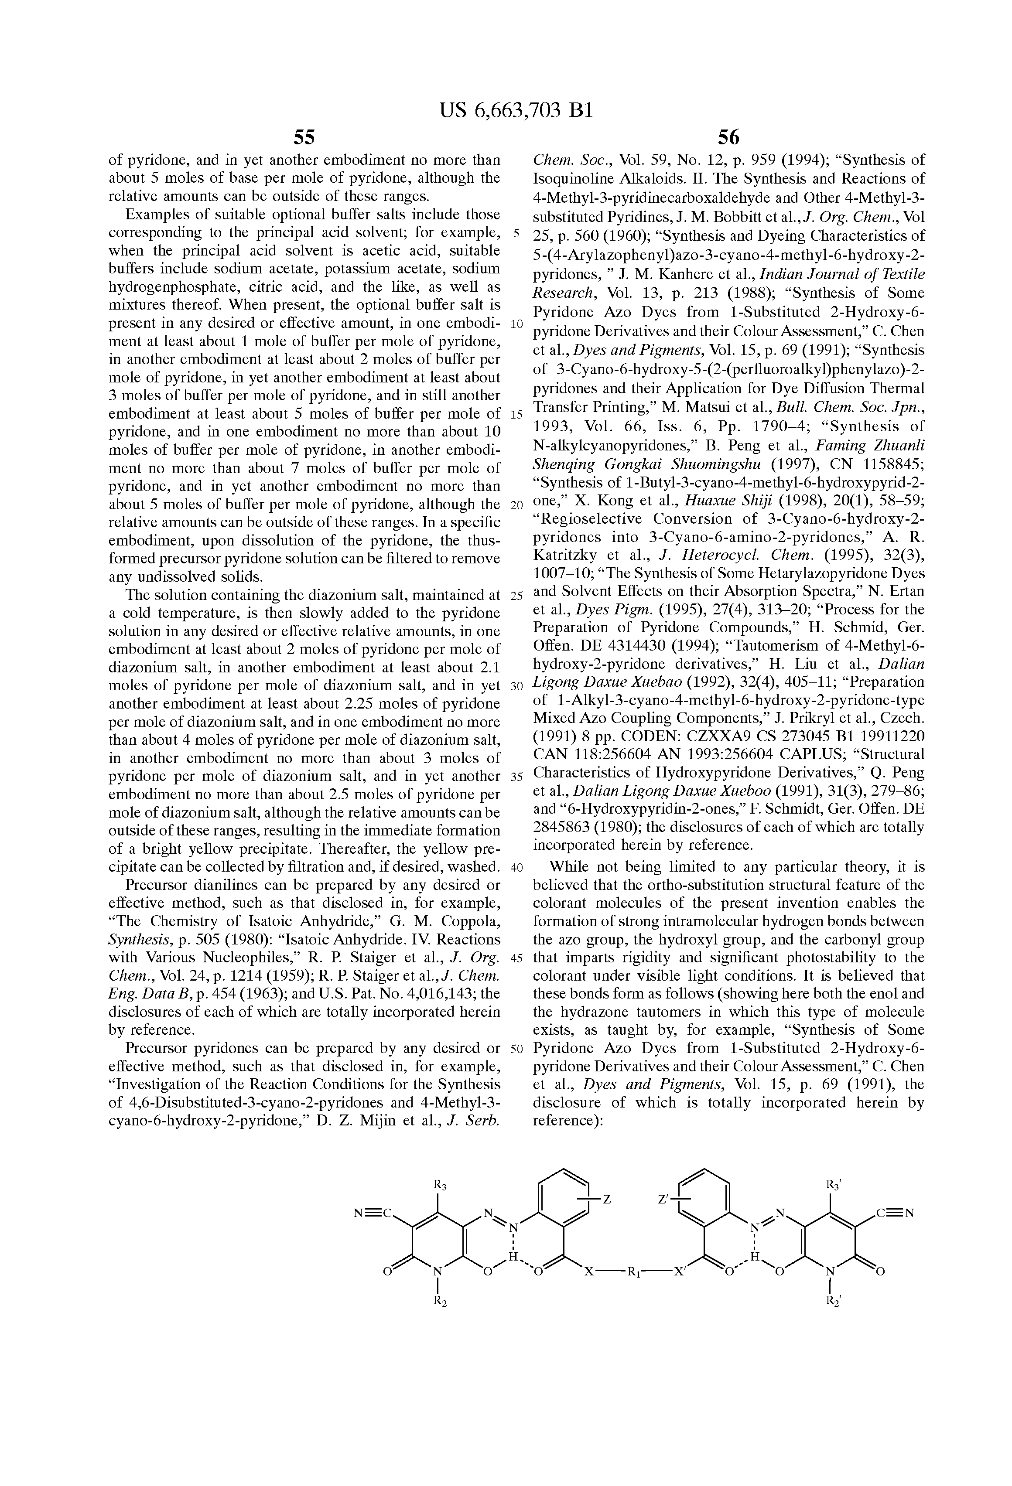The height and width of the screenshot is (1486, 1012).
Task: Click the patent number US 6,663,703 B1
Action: [x=516, y=111]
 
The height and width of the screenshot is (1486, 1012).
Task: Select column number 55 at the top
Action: [x=304, y=137]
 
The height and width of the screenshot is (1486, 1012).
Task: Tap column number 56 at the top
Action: [x=728, y=137]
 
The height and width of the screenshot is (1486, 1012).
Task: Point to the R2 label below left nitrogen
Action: [x=439, y=1318]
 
